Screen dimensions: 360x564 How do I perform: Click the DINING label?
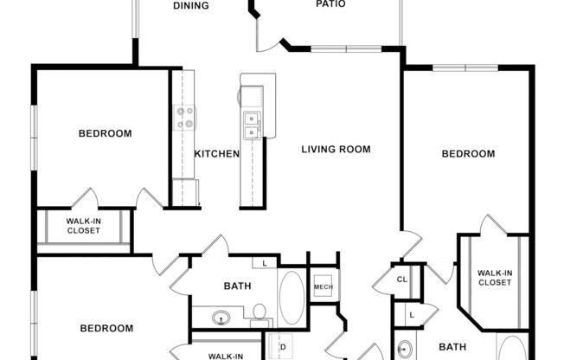190,5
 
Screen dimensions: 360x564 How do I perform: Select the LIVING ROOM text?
336,149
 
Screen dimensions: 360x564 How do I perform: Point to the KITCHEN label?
216,154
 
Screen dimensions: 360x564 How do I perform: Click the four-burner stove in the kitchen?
185,117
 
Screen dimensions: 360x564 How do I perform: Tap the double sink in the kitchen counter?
253,126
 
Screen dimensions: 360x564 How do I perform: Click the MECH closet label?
324,287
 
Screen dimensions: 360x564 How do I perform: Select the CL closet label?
402,280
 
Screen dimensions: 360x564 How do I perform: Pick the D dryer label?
282,348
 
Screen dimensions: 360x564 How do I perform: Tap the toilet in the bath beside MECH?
259,312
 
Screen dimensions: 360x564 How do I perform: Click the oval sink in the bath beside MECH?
221,318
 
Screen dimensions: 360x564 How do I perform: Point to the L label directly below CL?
412,316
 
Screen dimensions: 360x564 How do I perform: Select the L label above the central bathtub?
265,262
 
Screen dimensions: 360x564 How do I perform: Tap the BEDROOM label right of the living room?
468,154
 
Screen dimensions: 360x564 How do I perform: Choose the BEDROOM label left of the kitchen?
105,133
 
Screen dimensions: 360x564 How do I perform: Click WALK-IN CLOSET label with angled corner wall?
495,278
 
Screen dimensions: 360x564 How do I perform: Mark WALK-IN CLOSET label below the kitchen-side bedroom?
83,225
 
